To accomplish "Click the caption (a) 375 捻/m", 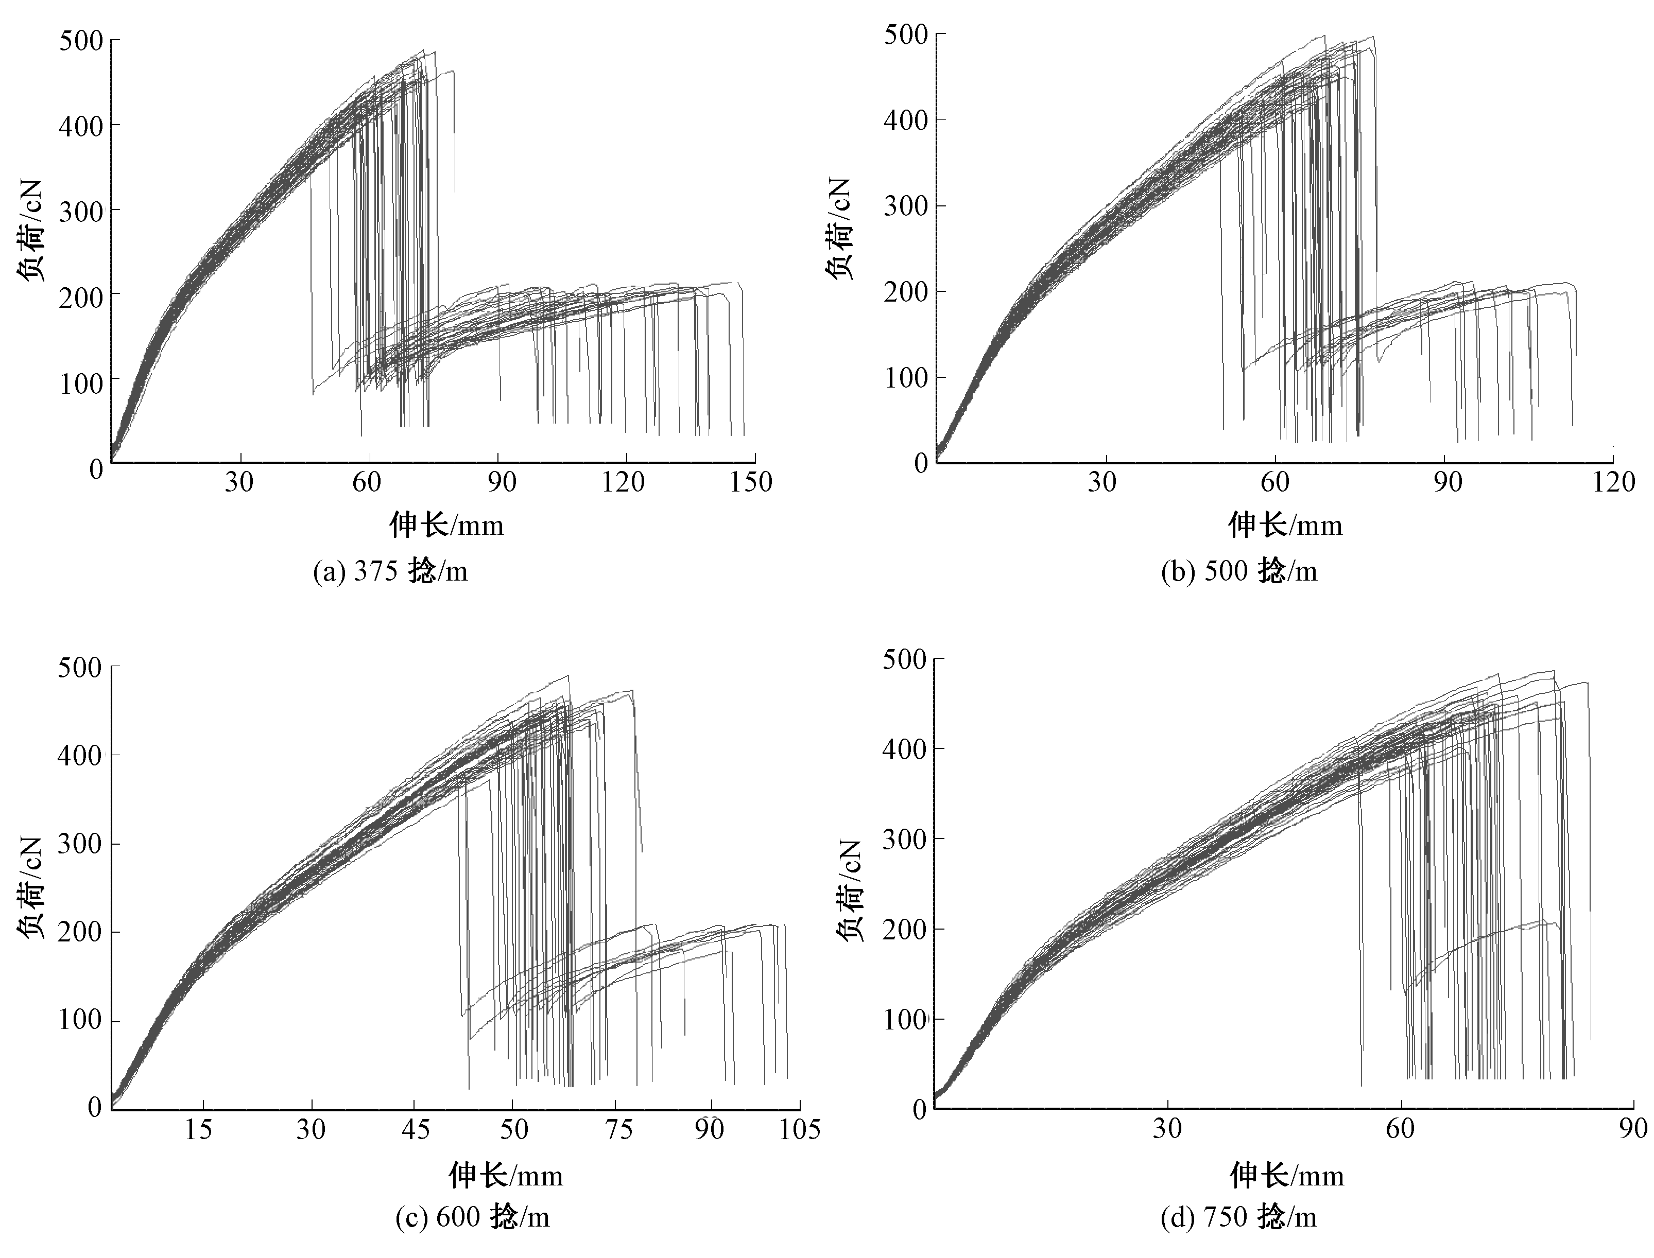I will tap(390, 572).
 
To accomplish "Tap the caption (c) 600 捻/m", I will tap(473, 1217).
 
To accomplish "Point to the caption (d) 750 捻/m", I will tap(1238, 1217).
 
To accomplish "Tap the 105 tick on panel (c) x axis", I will tap(799, 1128).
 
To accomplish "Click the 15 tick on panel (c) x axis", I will tap(198, 1128).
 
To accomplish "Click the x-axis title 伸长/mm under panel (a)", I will tap(446, 525).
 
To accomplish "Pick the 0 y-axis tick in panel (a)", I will tap(95, 469).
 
